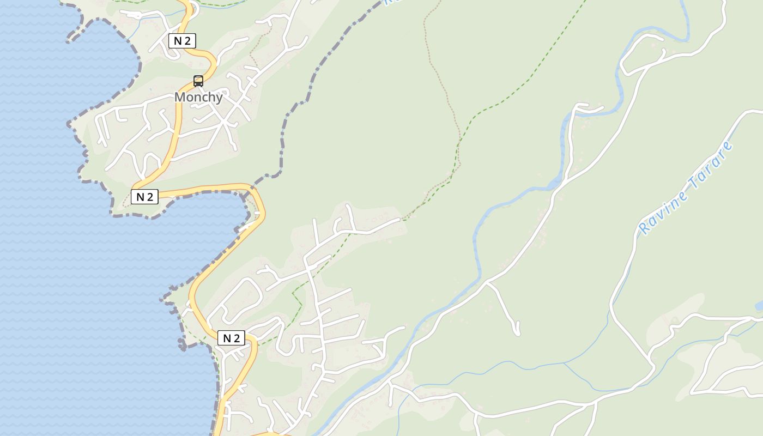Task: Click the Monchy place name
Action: tap(198, 98)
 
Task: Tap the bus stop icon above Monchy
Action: tap(198, 81)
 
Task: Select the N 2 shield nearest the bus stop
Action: tap(181, 41)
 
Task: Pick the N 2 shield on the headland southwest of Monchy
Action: tap(144, 197)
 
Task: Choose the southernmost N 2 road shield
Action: tap(231, 338)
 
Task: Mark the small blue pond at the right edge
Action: tap(759, 305)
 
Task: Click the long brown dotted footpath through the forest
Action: tap(444, 87)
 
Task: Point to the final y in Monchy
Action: tap(219, 99)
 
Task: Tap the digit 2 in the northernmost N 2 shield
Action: tap(187, 41)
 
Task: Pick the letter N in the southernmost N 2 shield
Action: tap(227, 338)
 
